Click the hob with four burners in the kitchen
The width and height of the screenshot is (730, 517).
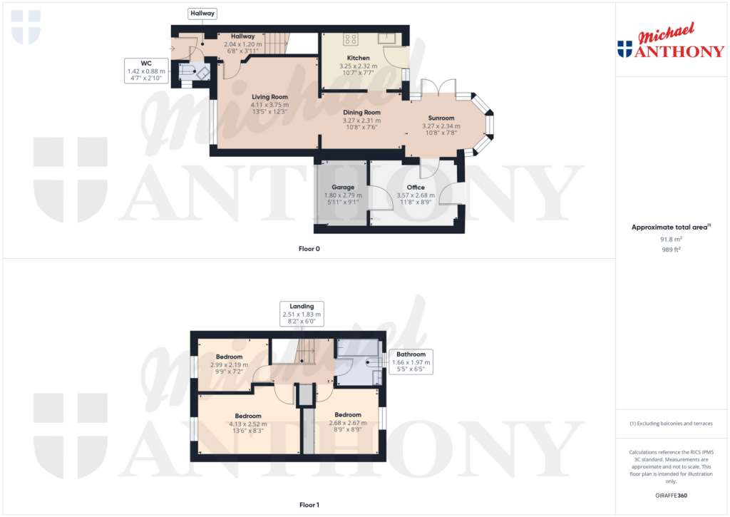click(x=351, y=39)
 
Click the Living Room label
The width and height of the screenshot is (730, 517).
click(x=269, y=97)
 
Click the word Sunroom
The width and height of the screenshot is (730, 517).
click(x=441, y=118)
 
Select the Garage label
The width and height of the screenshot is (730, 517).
click(x=343, y=188)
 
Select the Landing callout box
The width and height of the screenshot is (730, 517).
click(x=302, y=314)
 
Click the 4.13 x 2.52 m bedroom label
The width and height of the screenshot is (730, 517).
click(x=248, y=416)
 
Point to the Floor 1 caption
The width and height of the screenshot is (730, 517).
click(x=309, y=505)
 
